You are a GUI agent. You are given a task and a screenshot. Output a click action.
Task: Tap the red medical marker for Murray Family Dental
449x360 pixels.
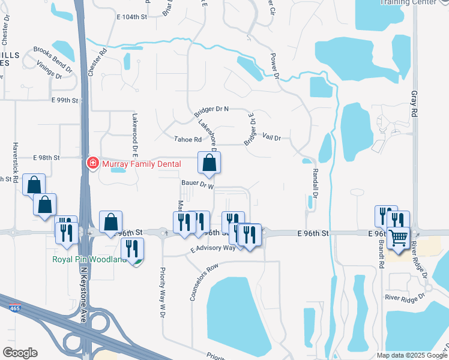[92, 163]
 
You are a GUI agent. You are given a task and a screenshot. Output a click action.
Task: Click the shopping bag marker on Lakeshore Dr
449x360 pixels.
[209, 162]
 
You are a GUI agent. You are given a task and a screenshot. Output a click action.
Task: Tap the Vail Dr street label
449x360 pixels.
[272, 138]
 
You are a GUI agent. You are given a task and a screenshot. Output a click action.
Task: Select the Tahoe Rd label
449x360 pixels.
[188, 139]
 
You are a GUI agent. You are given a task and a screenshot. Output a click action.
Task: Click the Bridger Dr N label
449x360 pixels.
[212, 110]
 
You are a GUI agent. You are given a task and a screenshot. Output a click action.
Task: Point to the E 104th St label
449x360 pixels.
[131, 17]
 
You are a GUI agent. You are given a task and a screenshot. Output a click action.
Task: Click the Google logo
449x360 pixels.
[20, 353]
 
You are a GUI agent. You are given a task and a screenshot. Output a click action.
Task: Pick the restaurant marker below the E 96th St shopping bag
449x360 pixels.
[132, 248]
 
